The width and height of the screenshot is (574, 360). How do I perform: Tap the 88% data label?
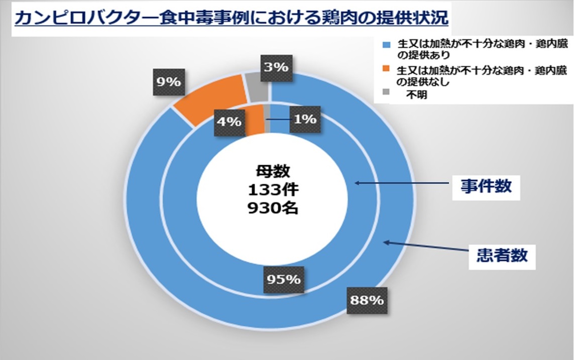pos(367,300)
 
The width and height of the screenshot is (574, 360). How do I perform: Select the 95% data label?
pos(284,280)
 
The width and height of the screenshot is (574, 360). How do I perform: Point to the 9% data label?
pos(168,82)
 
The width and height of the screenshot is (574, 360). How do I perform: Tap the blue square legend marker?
pos(386,45)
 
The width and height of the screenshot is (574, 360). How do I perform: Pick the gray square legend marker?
pos(386,92)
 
